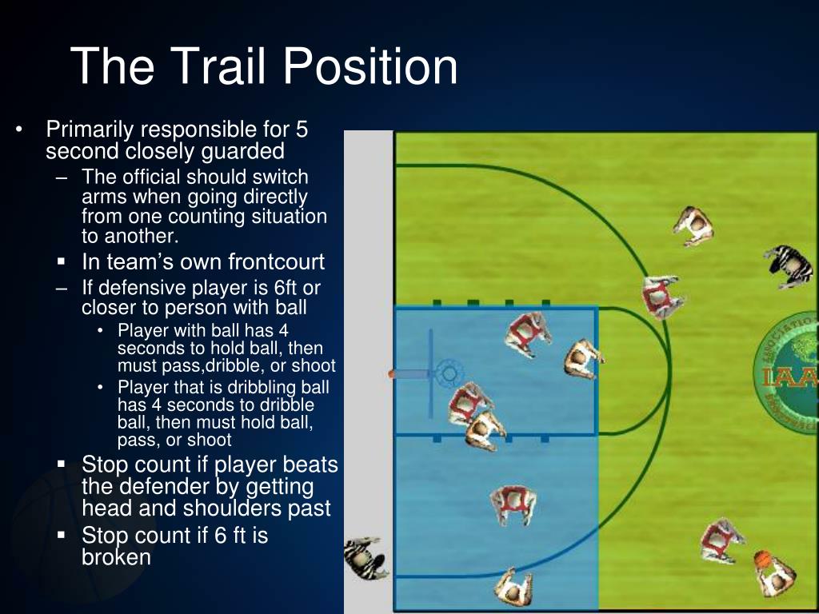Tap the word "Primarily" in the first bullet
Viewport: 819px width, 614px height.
[x=90, y=129]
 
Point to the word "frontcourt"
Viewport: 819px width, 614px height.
[x=277, y=261]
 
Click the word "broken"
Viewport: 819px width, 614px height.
[x=116, y=557]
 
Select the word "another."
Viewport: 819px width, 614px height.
[x=129, y=236]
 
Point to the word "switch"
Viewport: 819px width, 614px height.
[x=282, y=177]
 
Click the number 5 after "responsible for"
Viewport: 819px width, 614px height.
[x=302, y=129]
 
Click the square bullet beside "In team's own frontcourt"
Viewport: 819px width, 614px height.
[x=62, y=262]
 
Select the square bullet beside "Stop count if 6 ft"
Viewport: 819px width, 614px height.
[x=62, y=536]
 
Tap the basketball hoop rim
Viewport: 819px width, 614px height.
[x=448, y=373]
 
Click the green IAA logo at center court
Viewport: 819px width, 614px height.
[x=789, y=368]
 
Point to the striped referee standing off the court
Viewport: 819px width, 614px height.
[x=366, y=557]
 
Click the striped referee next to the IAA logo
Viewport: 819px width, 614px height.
[x=790, y=264]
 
